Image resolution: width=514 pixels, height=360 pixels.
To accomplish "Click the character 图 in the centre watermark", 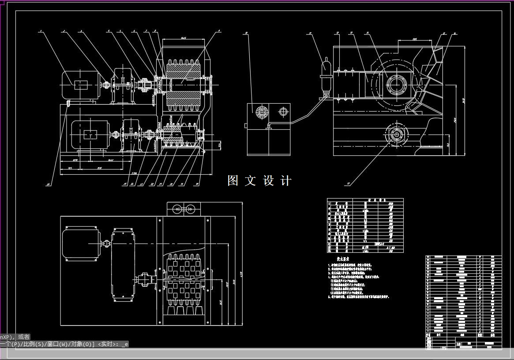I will pyautogui.click(x=233, y=180).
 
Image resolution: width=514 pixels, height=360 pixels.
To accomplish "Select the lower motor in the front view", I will pyautogui.click(x=90, y=135).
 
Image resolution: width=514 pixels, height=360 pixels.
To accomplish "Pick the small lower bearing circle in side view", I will pyautogui.click(x=396, y=134).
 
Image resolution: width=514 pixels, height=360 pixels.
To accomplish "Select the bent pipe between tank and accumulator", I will pyautogui.click(x=304, y=113).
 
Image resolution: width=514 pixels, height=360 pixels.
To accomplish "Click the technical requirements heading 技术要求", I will pyautogui.click(x=343, y=259).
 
